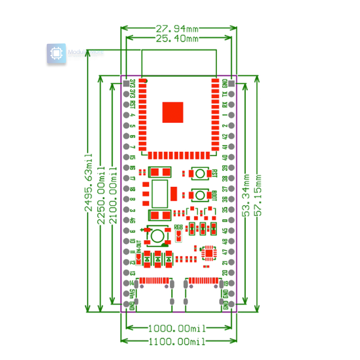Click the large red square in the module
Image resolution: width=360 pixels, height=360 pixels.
pos(173,113)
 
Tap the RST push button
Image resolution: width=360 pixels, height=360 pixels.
pos(199,173)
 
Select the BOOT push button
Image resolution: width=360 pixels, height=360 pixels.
pos(199,195)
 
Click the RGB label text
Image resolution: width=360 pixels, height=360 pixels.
pos(178,227)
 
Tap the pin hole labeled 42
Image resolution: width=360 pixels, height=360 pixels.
pos(231,136)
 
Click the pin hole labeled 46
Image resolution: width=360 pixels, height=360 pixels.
pos(125,221)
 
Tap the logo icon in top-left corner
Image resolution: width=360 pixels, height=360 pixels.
pos(57,54)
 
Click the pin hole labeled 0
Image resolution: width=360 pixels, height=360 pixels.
pos(231,221)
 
